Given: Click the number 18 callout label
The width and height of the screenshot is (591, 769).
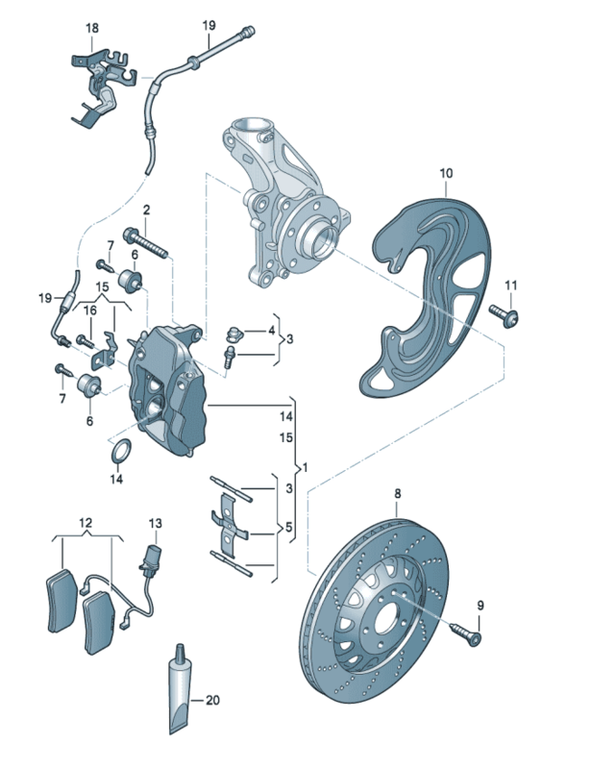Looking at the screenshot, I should [91, 28].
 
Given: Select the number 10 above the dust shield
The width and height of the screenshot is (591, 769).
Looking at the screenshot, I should [446, 173].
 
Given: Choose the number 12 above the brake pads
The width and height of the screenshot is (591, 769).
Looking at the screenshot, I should [86, 523].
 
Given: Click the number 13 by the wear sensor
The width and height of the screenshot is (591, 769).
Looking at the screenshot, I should [156, 523].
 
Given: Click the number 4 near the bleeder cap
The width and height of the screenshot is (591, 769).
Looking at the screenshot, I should [271, 332].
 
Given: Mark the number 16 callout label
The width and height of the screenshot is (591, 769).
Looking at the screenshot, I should [90, 310].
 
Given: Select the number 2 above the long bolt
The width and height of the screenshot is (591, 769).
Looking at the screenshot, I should [147, 210].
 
